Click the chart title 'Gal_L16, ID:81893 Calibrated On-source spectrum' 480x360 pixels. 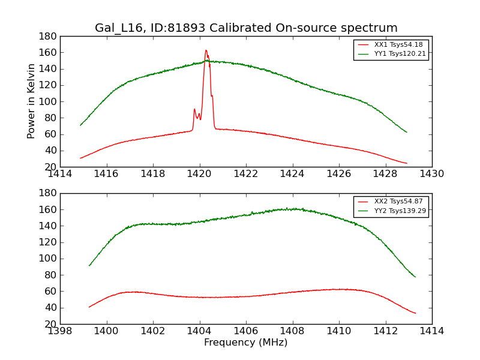(x=246, y=28)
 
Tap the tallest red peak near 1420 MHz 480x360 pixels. (x=206, y=50)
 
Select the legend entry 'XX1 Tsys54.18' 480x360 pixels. (x=391, y=45)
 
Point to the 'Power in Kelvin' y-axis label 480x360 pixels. (x=32, y=101)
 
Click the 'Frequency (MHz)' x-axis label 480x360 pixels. (x=246, y=343)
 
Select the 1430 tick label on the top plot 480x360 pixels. (x=432, y=174)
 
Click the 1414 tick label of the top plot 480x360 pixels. (x=60, y=174)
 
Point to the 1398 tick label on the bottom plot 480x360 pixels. (x=60, y=331)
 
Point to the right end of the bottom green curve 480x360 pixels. (x=415, y=277)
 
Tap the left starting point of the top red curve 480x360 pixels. (x=80, y=158)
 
